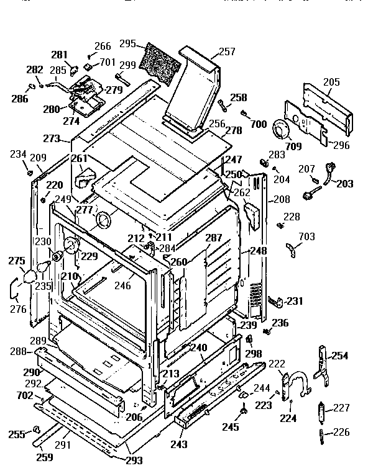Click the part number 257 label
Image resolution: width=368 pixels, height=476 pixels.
227,52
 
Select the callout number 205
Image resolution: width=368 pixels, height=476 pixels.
331,81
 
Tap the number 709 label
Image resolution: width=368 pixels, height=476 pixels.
293,146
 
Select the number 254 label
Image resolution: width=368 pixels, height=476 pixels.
339,356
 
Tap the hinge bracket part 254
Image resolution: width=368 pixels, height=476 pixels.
321,366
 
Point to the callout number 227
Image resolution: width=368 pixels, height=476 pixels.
342,408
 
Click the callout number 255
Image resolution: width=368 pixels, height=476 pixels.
16,434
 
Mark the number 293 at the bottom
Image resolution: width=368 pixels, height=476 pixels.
134,460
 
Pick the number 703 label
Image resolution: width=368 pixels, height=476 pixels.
306,236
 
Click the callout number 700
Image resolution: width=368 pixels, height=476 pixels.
258,124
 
